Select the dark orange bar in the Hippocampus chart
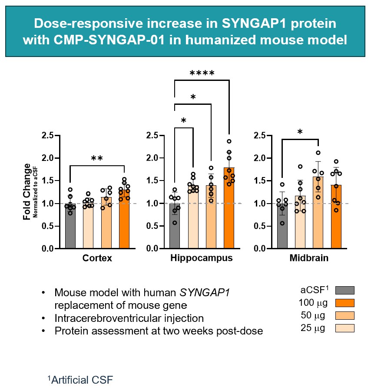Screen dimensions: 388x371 pos(229,213)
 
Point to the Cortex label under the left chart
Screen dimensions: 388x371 pos(97,258)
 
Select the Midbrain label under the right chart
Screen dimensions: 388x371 pos(309,258)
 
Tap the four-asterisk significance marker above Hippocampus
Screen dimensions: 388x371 pos(202,74)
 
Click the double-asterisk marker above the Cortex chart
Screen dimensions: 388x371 pos(97,159)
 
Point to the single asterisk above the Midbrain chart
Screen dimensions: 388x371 pos(300,132)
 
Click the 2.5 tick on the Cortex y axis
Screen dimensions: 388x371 pos(48,136)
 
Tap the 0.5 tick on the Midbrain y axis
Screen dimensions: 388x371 pos(260,226)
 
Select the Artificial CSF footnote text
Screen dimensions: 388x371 pos(82,380)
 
